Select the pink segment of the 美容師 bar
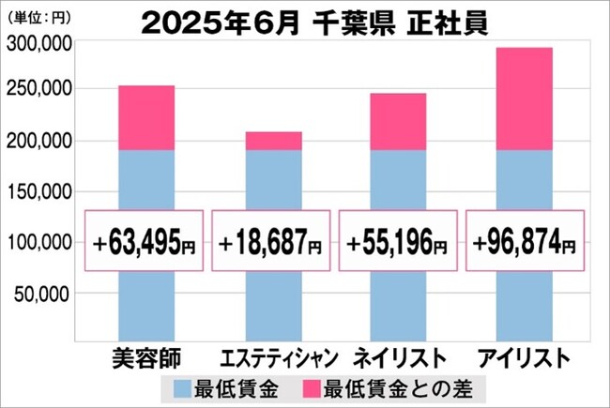pyautogui.click(x=146, y=118)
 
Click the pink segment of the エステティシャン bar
pyautogui.click(x=273, y=141)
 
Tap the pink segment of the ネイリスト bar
pyautogui.click(x=398, y=122)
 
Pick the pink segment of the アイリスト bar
pyautogui.click(x=524, y=99)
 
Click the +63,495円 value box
pyautogui.click(x=146, y=241)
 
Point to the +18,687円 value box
pyautogui.click(x=272, y=241)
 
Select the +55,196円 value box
pyautogui.click(x=398, y=241)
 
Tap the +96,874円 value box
pyautogui.click(x=524, y=241)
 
